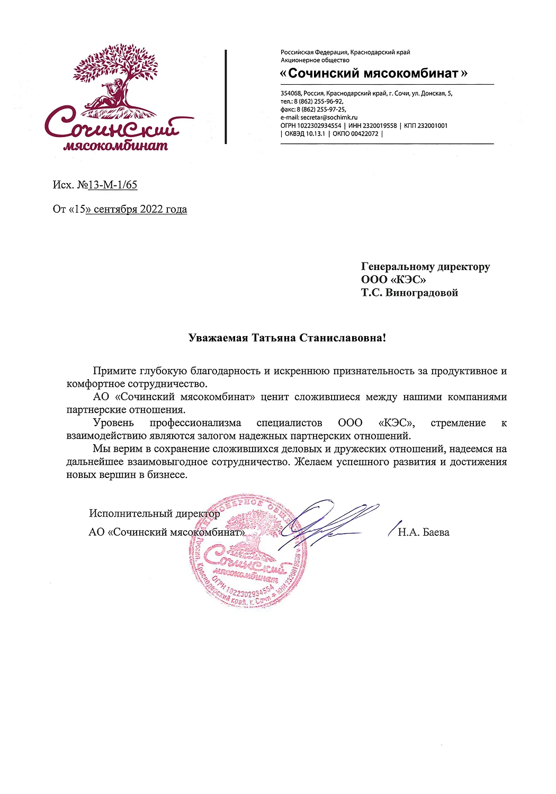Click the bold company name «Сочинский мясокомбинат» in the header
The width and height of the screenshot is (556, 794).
(373, 74)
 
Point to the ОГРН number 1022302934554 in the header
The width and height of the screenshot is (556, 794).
(319, 126)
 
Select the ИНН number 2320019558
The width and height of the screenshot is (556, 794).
(379, 126)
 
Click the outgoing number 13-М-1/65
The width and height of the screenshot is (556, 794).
(112, 185)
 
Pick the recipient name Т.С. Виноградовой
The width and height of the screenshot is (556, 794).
(409, 293)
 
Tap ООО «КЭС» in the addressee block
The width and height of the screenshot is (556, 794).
(393, 279)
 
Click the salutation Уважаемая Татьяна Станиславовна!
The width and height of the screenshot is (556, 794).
(287, 338)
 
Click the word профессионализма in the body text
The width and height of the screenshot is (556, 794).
(195, 423)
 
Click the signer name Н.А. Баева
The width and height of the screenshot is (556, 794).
(423, 533)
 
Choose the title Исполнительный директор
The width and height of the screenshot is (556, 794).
(154, 513)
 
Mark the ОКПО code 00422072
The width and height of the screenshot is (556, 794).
(364, 134)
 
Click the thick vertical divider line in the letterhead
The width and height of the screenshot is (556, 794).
(226, 97)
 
